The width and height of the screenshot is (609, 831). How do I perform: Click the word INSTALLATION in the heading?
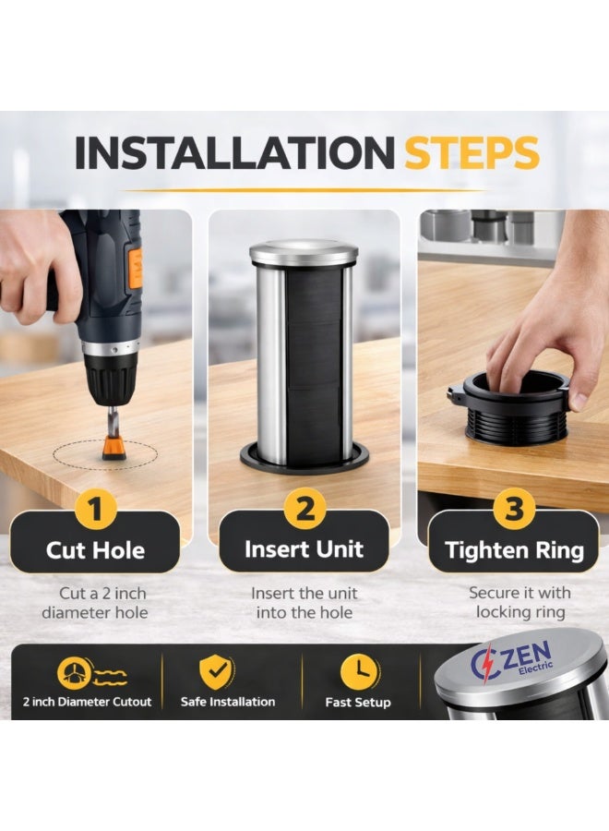[234, 152]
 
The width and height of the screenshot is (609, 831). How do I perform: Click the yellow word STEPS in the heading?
[472, 152]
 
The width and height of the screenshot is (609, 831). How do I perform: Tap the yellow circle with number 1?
[96, 510]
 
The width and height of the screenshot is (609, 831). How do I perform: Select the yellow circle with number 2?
[304, 508]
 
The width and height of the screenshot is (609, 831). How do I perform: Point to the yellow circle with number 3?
[514, 508]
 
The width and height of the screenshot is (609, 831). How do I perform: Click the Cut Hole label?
[95, 550]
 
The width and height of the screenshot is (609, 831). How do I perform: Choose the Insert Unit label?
[304, 549]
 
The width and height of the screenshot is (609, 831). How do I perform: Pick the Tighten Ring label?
[514, 549]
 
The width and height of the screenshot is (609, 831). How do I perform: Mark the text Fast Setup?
[358, 703]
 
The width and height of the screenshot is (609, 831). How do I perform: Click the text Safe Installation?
[228, 702]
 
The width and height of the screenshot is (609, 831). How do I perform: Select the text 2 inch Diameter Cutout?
[87, 702]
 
